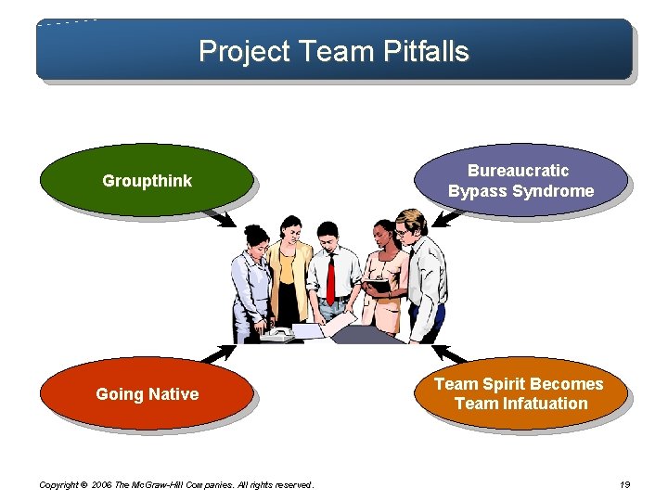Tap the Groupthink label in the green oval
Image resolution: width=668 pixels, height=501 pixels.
(147, 181)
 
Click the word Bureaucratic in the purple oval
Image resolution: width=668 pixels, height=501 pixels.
(519, 171)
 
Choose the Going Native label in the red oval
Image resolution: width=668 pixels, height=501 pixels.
(147, 394)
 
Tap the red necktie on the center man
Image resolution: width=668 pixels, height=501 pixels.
(330, 278)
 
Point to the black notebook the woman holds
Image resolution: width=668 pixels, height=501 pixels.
(376, 286)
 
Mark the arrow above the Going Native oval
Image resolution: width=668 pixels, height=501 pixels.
(217, 353)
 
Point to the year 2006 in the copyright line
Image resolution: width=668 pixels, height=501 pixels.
(103, 485)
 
